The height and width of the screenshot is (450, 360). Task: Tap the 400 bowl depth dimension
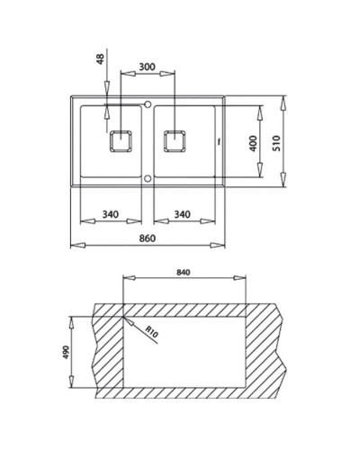[x=254, y=142]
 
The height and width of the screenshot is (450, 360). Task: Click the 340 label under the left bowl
[x=112, y=214]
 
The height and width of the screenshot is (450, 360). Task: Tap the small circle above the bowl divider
[x=147, y=103]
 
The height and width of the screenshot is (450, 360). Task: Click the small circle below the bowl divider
[x=147, y=178]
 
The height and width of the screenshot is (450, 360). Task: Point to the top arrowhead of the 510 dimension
[x=286, y=95]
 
